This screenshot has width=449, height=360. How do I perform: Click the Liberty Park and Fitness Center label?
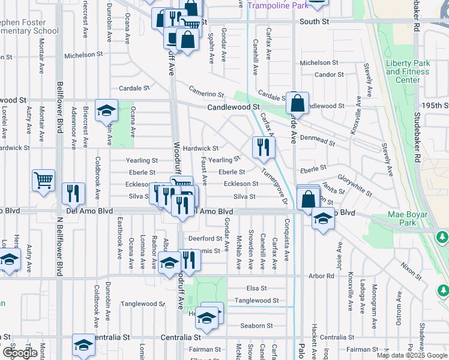pos(408,71)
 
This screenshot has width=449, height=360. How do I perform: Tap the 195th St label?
pos(435,105)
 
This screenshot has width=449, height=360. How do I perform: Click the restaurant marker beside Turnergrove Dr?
pos(263,147)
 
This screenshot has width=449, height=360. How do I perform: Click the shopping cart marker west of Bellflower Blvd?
pos(44,179)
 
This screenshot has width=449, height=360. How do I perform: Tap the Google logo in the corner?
pos(20,352)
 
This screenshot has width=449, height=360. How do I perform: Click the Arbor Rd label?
pos(322,276)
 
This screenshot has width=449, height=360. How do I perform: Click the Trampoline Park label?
pos(277,5)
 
